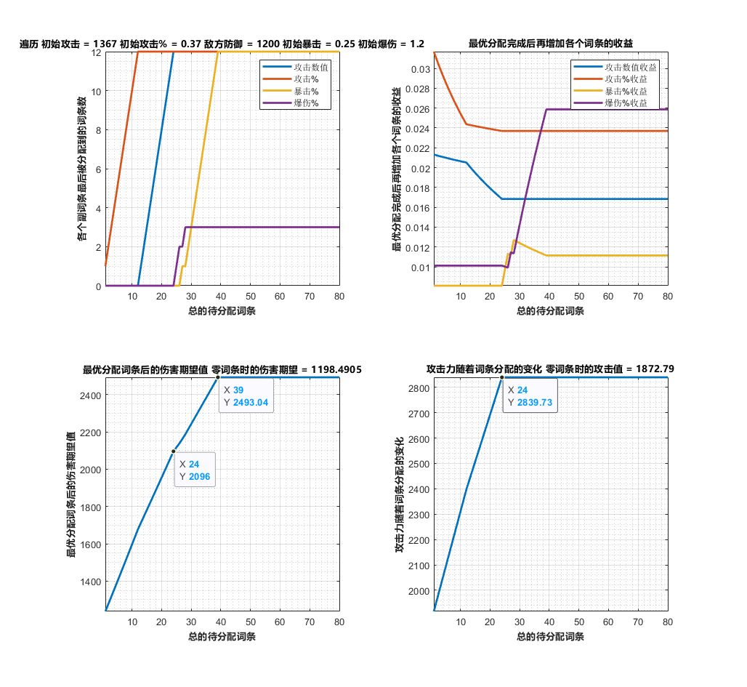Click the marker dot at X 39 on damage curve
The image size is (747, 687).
[218, 377]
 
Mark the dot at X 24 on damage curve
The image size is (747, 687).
[174, 451]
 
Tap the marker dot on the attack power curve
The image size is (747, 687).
[501, 377]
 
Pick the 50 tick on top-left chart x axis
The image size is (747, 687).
[251, 297]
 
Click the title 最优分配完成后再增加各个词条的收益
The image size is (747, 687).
[551, 44]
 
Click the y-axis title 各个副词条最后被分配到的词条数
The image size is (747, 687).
[81, 169]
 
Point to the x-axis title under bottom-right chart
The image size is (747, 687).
[551, 637]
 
